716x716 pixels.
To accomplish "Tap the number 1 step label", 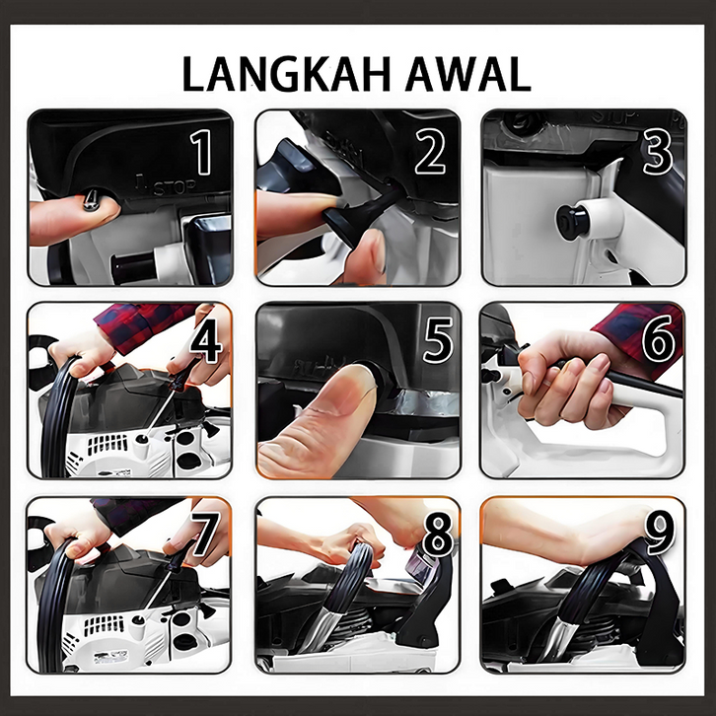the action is [201, 152].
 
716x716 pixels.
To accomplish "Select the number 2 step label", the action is [430, 151].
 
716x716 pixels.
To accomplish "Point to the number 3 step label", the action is [658, 152].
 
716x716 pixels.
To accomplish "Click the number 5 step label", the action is [438, 340].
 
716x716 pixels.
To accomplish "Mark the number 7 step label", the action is [204, 534].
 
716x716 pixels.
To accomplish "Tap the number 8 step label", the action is [438, 534].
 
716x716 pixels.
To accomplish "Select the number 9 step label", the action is [659, 532].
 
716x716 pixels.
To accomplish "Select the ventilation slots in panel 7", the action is [104, 625].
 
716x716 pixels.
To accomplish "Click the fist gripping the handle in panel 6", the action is [569, 379].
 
